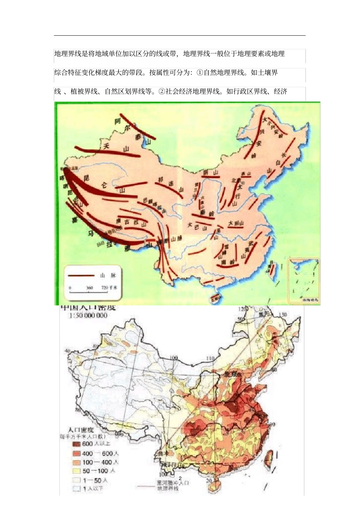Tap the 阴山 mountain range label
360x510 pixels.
click(x=211, y=173)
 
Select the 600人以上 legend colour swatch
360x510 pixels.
click(x=77, y=444)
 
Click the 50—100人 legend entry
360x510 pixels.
click(x=95, y=471)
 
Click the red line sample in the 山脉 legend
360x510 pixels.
click(x=81, y=276)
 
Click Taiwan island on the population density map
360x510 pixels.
click(x=271, y=457)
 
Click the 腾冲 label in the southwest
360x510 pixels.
click(x=163, y=454)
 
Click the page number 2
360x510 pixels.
click(x=180, y=478)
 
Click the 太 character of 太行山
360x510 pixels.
click(x=239, y=187)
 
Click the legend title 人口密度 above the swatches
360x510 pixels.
click(x=81, y=430)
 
